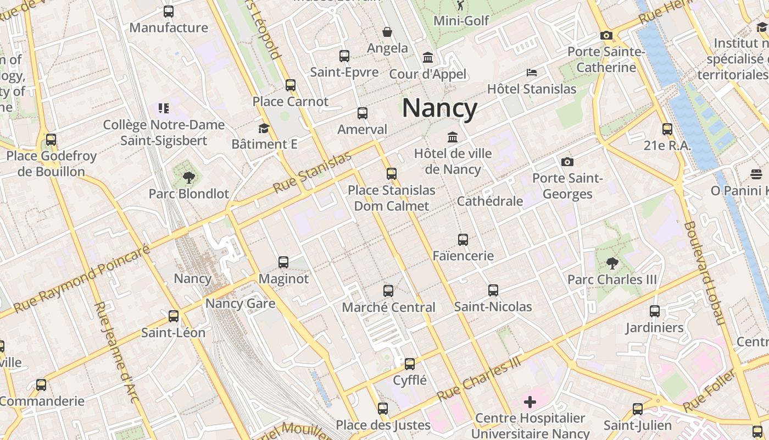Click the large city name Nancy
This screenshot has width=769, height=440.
tap(439, 108)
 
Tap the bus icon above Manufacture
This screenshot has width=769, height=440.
tap(169, 11)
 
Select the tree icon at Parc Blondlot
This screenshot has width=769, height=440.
tap(188, 177)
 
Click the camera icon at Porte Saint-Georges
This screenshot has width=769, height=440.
tap(567, 162)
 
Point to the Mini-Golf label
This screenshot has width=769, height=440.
tap(461, 21)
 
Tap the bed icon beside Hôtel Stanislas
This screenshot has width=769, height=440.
tap(531, 73)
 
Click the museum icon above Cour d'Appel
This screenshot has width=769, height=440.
tap(427, 57)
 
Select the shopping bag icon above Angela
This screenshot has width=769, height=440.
tap(387, 32)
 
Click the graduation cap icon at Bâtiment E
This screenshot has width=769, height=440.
tap(264, 128)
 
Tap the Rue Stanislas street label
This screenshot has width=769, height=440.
tap(311, 172)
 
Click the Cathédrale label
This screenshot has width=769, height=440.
tap(490, 201)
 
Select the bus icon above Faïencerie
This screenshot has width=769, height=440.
tap(463, 239)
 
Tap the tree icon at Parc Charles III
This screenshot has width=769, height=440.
tap(612, 263)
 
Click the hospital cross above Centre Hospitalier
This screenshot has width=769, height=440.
tap(530, 402)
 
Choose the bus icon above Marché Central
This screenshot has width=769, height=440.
tap(388, 290)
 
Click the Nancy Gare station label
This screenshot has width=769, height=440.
tap(240, 303)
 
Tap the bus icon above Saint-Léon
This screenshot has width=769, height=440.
tap(174, 316)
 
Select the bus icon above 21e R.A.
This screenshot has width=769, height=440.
tap(667, 129)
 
